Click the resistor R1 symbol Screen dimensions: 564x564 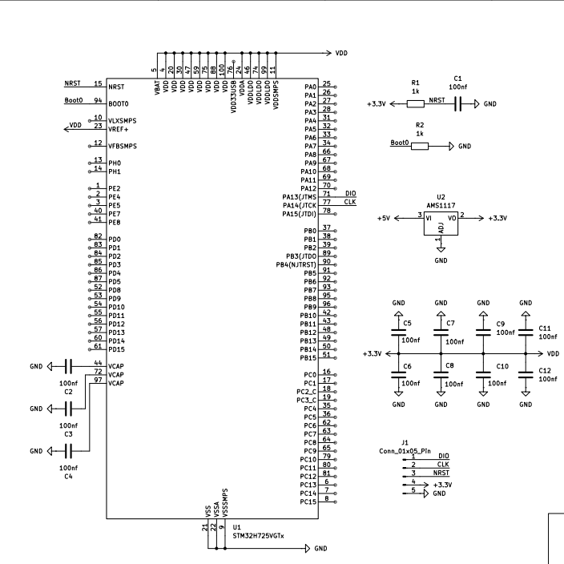pos(416,103)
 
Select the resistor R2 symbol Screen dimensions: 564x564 pos(420,147)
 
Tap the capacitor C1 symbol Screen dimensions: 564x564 pos(457,103)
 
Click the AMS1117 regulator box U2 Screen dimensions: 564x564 pos(440,224)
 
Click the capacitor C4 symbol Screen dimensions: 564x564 pos(68,451)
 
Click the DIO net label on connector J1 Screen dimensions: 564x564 pos(443,455)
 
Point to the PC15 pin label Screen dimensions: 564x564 pos(308,502)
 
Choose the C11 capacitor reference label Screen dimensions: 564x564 pos(545,328)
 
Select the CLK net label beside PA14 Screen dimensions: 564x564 pos(350,202)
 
